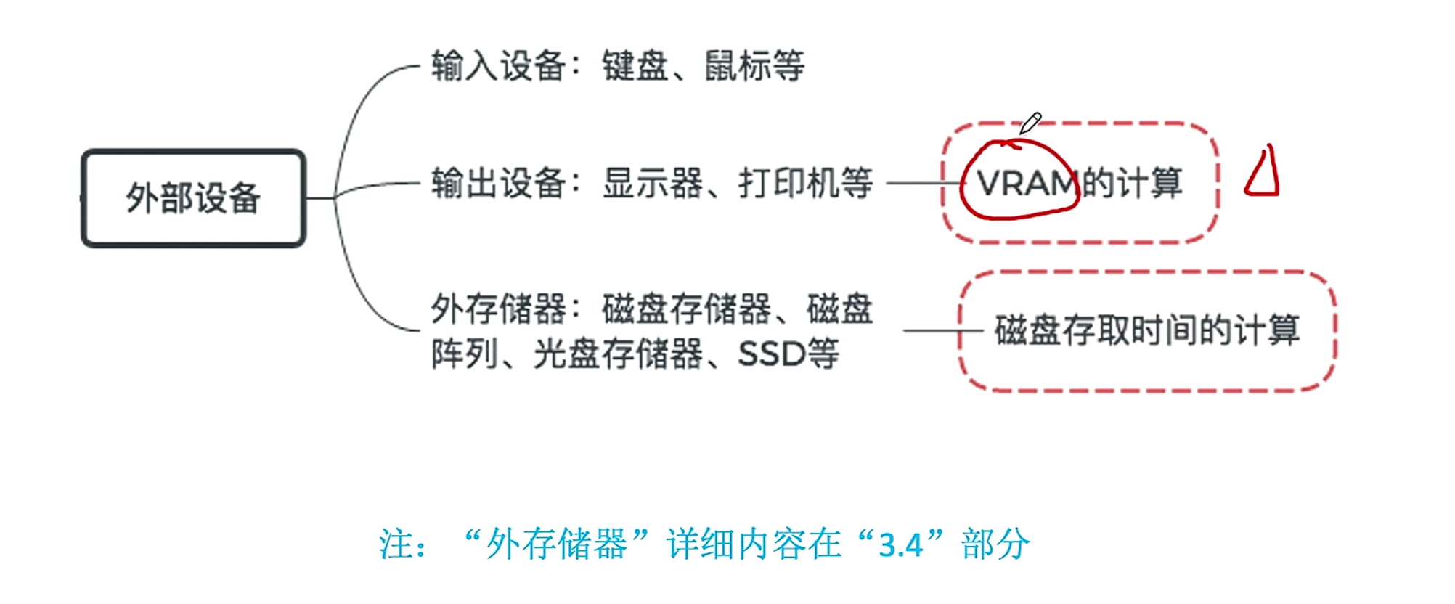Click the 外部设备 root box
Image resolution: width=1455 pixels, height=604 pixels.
coord(193,198)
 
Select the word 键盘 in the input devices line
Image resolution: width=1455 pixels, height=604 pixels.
coord(635,66)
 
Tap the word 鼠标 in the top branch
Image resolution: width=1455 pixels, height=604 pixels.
coord(737,66)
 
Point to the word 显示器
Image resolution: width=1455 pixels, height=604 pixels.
coord(652,183)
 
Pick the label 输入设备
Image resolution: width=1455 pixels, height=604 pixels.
coord(498,66)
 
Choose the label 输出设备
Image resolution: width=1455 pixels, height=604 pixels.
coord(498,183)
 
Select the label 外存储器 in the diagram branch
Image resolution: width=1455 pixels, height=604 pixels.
coord(498,309)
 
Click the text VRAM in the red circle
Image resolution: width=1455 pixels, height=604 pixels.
coord(1024,183)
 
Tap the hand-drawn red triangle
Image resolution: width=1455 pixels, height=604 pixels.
coord(1262,174)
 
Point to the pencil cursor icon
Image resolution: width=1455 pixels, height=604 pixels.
coord(1030,123)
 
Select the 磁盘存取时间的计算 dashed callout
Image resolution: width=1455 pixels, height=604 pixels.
coord(1147,331)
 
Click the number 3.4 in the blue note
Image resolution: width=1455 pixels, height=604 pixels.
coord(900,544)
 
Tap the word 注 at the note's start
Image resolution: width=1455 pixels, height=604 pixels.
coord(396,544)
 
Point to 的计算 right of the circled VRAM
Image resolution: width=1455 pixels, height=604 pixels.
coord(1133,183)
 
